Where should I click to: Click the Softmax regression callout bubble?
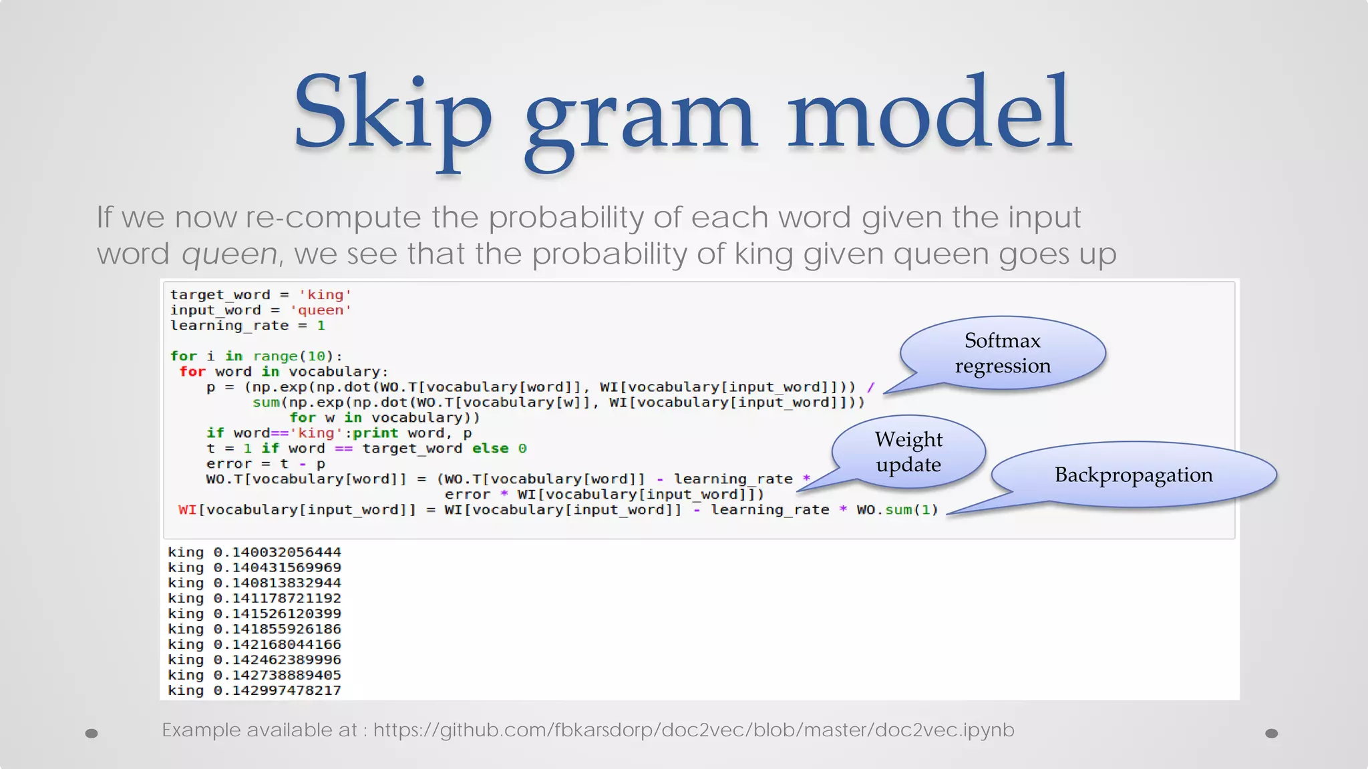pyautogui.click(x=1002, y=353)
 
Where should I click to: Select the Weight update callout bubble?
pyautogui.click(x=908, y=452)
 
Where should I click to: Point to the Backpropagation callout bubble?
pyautogui.click(x=1134, y=475)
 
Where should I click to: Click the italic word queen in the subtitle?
pyautogui.click(x=229, y=254)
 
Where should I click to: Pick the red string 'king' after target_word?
pyautogui.click(x=325, y=295)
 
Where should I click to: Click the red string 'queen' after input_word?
pyautogui.click(x=321, y=310)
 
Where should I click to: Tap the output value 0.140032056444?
pyautogui.click(x=277, y=553)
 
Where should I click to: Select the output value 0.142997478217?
pyautogui.click(x=277, y=691)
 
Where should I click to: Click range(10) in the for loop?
pyautogui.click(x=293, y=356)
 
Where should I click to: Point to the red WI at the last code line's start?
pyautogui.click(x=187, y=510)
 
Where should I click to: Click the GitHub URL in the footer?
pyautogui.click(x=693, y=730)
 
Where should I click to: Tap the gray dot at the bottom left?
pyautogui.click(x=92, y=734)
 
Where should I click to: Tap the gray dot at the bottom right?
pyautogui.click(x=1272, y=734)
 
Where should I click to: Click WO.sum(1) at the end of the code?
pyautogui.click(x=897, y=510)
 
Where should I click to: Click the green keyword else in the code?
pyautogui.click(x=490, y=449)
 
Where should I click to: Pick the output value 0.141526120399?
pyautogui.click(x=277, y=614)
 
